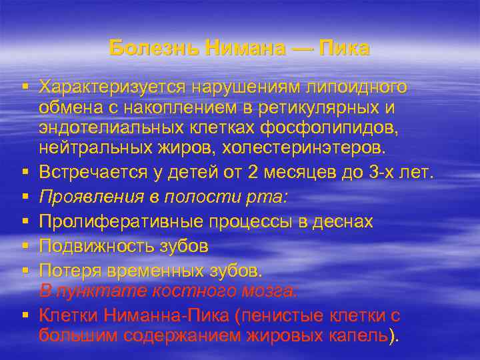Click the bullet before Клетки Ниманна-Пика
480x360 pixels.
pyautogui.click(x=23, y=315)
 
